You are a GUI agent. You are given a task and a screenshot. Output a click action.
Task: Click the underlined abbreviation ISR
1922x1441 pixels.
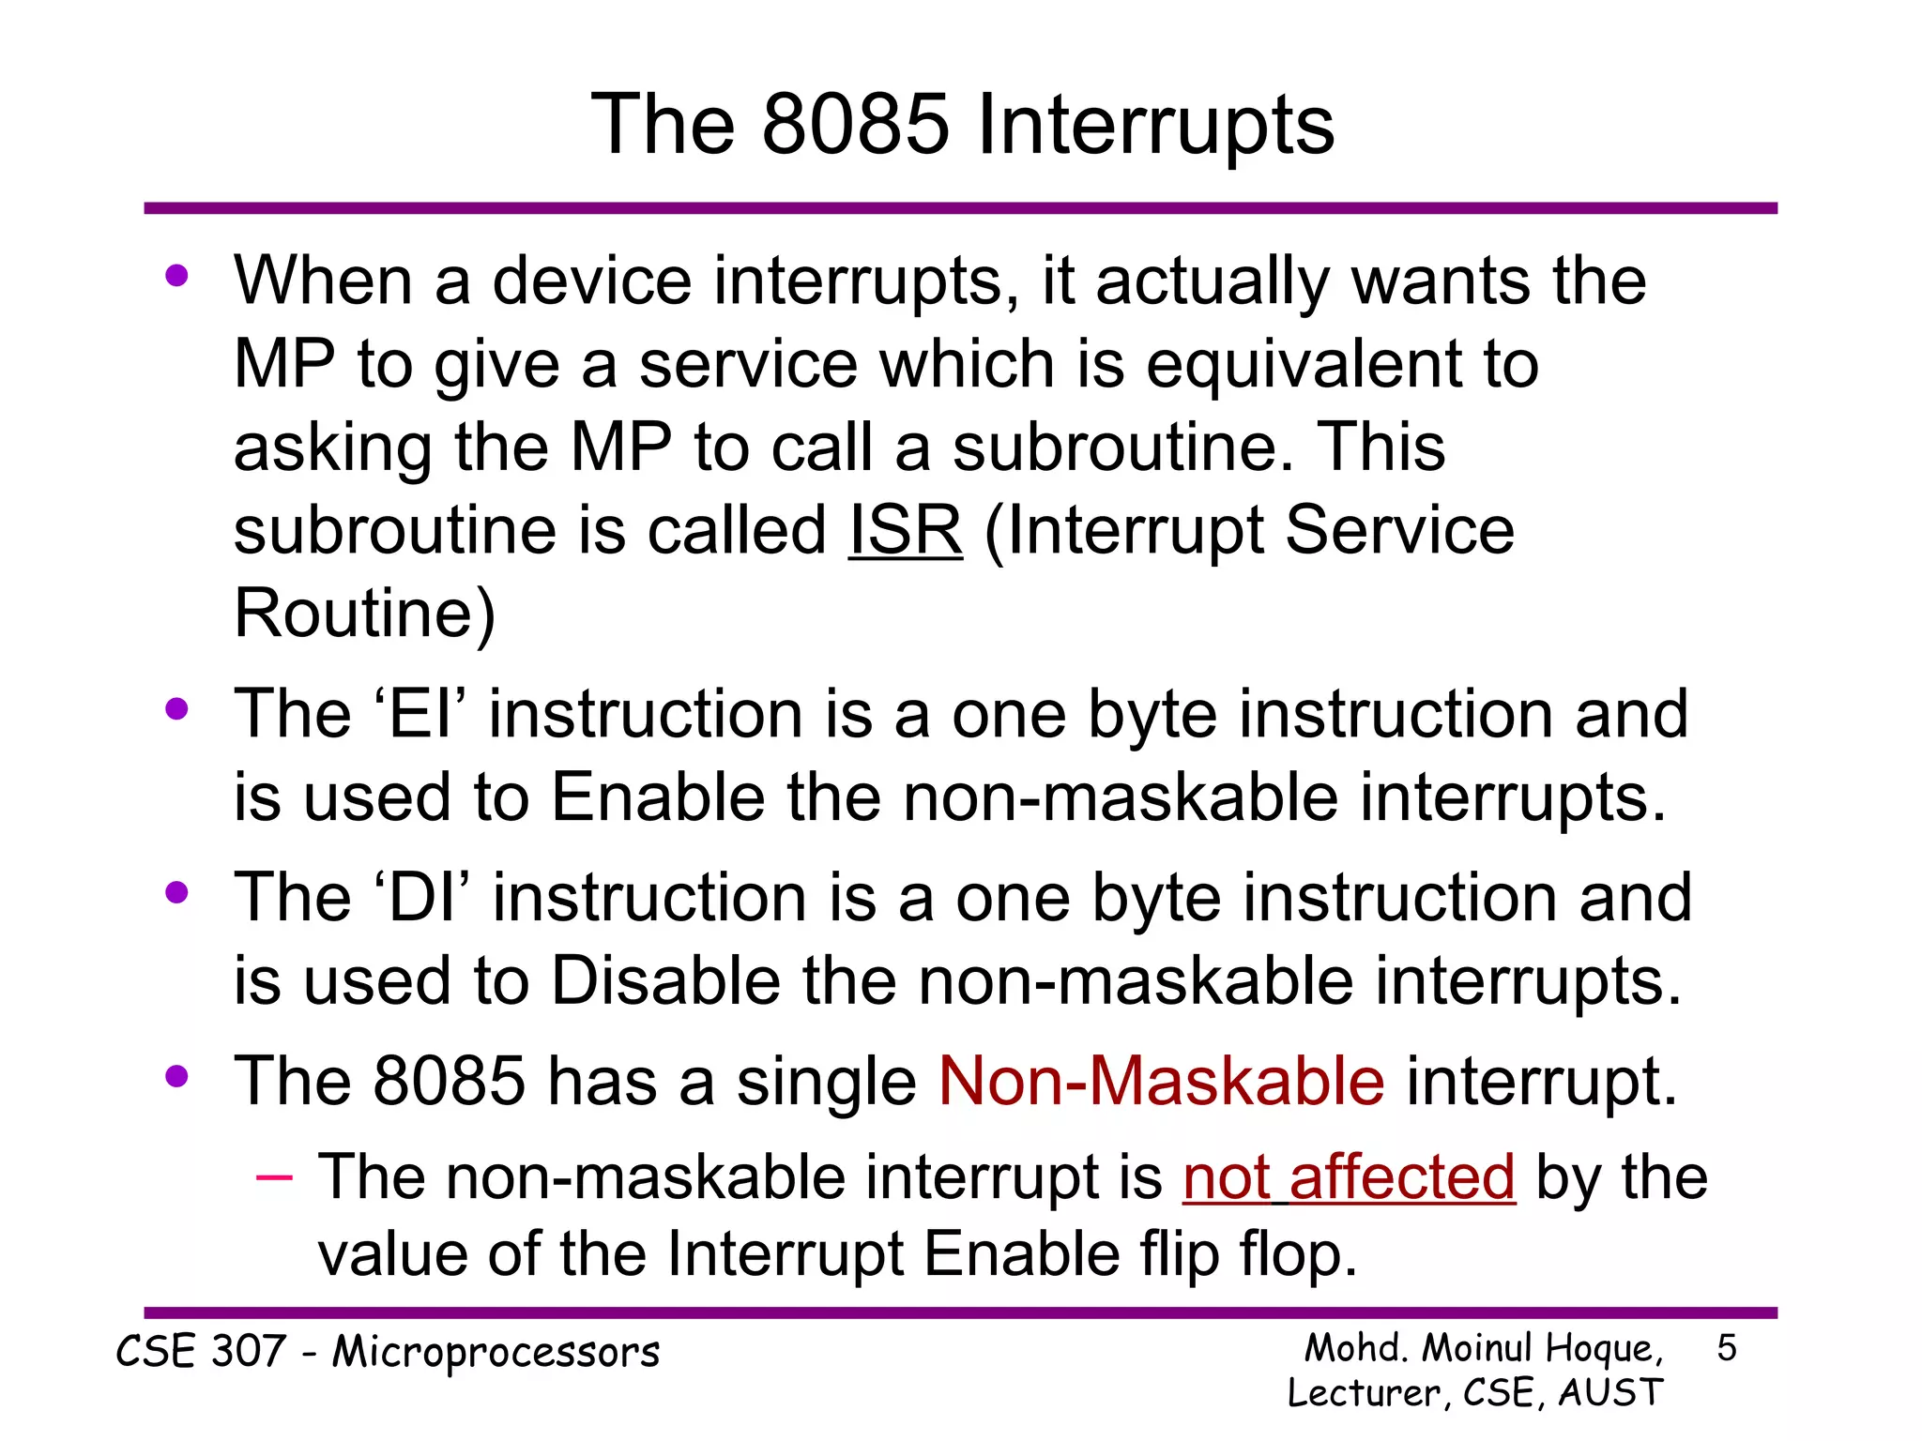click(905, 531)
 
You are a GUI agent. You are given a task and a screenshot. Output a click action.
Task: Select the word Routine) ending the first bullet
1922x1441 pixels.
click(364, 614)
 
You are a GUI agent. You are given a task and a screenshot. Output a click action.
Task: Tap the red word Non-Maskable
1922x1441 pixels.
click(1161, 1082)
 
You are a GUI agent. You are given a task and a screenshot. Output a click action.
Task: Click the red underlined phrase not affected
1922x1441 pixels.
click(1349, 1177)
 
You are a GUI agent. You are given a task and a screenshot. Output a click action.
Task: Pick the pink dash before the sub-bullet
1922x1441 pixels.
click(274, 1176)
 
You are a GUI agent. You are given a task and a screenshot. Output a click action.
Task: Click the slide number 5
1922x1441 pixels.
click(1726, 1349)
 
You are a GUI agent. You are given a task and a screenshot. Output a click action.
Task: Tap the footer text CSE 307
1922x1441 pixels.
click(200, 1352)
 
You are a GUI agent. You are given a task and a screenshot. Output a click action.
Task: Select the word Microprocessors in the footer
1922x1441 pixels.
click(496, 1353)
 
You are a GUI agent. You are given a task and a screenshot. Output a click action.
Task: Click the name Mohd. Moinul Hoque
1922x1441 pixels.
click(1483, 1349)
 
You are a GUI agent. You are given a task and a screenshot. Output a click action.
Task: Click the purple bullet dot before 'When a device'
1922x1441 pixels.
click(176, 276)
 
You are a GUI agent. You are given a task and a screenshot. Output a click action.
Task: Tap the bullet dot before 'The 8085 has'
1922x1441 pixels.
click(176, 1076)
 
